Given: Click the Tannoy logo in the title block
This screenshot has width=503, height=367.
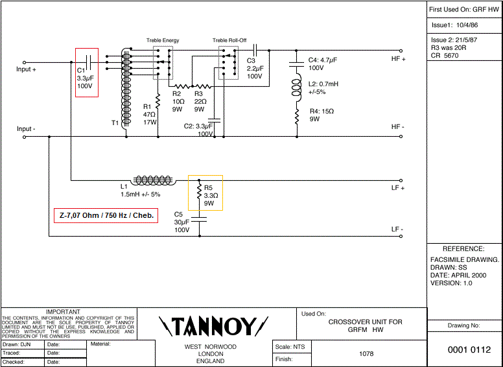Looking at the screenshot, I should [214, 326].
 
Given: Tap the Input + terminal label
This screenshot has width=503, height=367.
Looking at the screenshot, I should [27, 69].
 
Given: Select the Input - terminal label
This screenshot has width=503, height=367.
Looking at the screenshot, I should [26, 129].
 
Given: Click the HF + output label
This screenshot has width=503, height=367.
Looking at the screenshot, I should [398, 59].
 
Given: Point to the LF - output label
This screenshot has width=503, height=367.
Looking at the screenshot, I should [397, 230].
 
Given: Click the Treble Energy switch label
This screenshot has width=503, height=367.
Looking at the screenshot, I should [162, 41].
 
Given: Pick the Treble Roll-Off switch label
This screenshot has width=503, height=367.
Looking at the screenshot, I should [229, 41].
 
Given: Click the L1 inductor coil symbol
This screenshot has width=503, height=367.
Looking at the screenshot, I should [154, 180].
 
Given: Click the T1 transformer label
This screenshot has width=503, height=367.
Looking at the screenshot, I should [115, 122].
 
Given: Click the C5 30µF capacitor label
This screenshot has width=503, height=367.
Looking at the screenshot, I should [181, 222].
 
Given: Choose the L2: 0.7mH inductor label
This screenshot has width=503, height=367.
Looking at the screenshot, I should [323, 88].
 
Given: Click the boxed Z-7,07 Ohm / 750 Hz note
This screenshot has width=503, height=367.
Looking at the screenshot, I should [106, 215].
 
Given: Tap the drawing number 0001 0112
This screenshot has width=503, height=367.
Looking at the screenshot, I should [465, 350].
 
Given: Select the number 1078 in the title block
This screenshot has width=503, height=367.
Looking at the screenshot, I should [366, 354].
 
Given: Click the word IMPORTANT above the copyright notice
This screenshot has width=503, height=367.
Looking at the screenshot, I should [64, 312].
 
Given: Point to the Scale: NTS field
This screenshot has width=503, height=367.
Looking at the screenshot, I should [290, 347].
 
